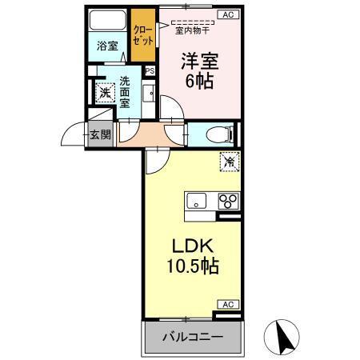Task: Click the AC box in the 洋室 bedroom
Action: [227, 14]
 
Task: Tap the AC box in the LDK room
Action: [227, 305]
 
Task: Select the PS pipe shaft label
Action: [150, 70]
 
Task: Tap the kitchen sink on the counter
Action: [197, 201]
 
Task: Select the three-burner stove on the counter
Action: [226, 201]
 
